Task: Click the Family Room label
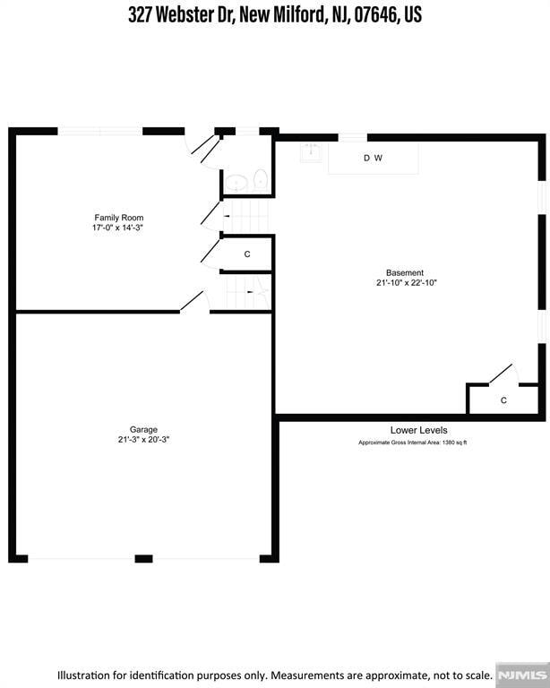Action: [x=119, y=218]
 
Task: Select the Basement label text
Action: [x=405, y=272]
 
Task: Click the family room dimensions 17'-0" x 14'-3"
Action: [x=119, y=228]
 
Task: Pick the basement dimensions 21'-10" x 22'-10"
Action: [x=405, y=283]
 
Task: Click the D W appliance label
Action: [x=373, y=159]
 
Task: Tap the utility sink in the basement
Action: [x=310, y=154]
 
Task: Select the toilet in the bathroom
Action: [x=261, y=179]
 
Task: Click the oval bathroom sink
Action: [x=236, y=183]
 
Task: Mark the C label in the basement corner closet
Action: [x=503, y=400]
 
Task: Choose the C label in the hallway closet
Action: [x=246, y=254]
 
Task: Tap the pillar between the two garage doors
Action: [x=143, y=559]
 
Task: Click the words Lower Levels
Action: [x=418, y=431]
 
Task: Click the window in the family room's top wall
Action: [x=100, y=131]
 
